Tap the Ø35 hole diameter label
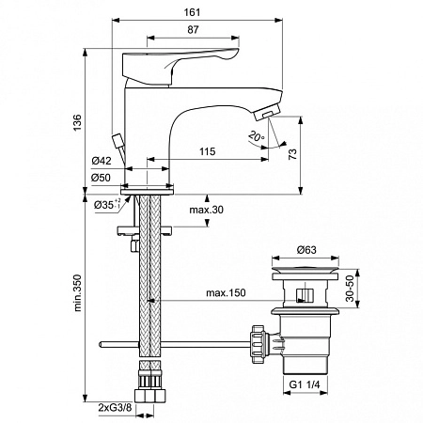tap(102, 204)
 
